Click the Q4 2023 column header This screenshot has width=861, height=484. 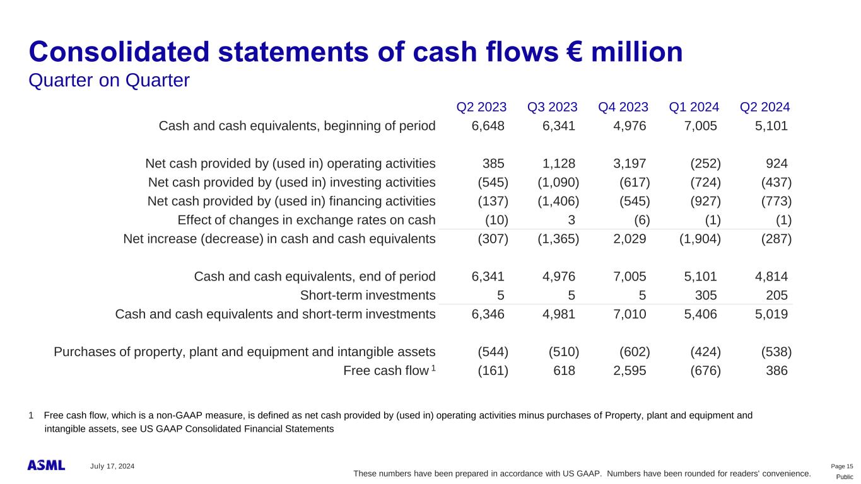(623, 107)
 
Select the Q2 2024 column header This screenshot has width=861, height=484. (765, 107)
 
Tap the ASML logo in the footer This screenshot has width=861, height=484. (46, 465)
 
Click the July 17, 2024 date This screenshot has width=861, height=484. (112, 466)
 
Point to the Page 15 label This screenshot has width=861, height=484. (842, 466)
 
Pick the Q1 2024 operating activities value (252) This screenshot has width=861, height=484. (705, 164)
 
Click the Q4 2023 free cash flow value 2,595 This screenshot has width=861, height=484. (630, 371)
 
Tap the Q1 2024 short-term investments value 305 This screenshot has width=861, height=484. (706, 296)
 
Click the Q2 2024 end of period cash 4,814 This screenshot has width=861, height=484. (771, 277)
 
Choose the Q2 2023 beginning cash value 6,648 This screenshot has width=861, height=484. (488, 126)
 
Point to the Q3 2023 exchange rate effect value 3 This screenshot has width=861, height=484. (571, 220)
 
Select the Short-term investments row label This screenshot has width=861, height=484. (368, 296)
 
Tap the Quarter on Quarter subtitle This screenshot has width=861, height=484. (109, 80)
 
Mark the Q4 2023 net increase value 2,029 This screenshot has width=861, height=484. (630, 239)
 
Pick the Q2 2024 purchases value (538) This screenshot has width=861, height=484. (776, 352)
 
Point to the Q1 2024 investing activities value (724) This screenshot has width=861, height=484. (705, 183)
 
